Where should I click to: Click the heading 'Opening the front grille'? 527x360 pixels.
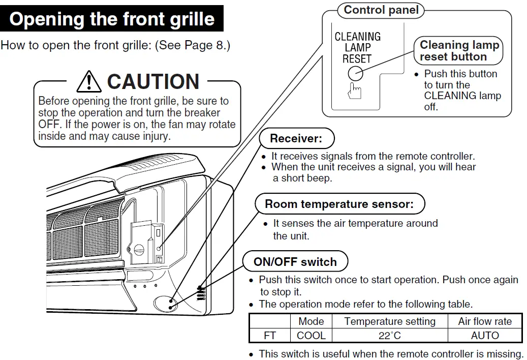coord(112,19)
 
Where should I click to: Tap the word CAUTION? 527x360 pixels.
coord(153,82)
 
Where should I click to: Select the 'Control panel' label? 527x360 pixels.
coord(381,10)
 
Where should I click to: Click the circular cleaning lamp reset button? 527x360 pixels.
coord(355,74)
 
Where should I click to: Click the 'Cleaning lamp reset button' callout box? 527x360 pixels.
coord(459,51)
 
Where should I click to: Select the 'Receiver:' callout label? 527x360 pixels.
coord(297,138)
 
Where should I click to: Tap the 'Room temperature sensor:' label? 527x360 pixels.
coord(339,204)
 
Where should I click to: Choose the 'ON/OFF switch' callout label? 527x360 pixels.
coord(295,262)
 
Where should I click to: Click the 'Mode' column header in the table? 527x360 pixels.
coord(311,321)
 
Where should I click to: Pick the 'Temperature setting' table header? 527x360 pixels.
coord(390,321)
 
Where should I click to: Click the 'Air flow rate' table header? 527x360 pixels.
coord(485,321)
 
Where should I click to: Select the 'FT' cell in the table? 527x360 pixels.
coord(269,336)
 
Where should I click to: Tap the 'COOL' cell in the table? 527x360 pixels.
coord(311,336)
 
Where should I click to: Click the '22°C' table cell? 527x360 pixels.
coord(390,336)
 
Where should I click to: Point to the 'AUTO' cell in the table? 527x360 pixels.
coord(485,336)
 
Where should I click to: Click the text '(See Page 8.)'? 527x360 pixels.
coord(193,45)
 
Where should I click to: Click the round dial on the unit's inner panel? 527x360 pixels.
coord(139,250)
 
